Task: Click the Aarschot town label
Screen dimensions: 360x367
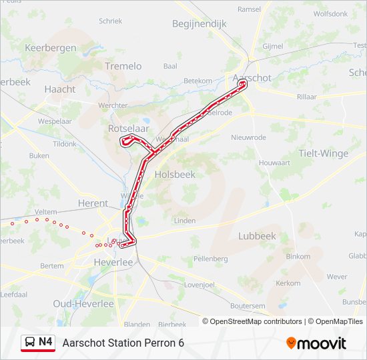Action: pyautogui.click(x=252, y=77)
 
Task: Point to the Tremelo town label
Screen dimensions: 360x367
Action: pyautogui.click(x=123, y=66)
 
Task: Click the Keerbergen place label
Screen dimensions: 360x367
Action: pyautogui.click(x=51, y=48)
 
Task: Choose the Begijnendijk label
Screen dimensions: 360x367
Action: pyautogui.click(x=200, y=23)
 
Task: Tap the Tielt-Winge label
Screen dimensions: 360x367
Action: pyautogui.click(x=323, y=153)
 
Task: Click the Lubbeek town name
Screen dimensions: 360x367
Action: pyautogui.click(x=257, y=235)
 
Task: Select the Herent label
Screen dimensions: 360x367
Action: pyautogui.click(x=93, y=203)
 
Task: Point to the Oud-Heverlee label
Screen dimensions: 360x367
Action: pyautogui.click(x=83, y=303)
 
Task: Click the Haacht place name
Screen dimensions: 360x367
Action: pyautogui.click(x=60, y=89)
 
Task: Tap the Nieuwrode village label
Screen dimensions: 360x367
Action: pyautogui.click(x=248, y=137)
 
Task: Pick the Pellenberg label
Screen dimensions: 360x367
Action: pyautogui.click(x=210, y=258)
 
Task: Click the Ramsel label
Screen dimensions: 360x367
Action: pyautogui.click(x=250, y=9)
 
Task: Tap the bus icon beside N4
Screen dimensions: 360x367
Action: pyautogui.click(x=30, y=343)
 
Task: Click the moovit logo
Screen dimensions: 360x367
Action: pyautogui.click(x=316, y=343)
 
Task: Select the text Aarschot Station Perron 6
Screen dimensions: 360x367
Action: pyautogui.click(x=123, y=343)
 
